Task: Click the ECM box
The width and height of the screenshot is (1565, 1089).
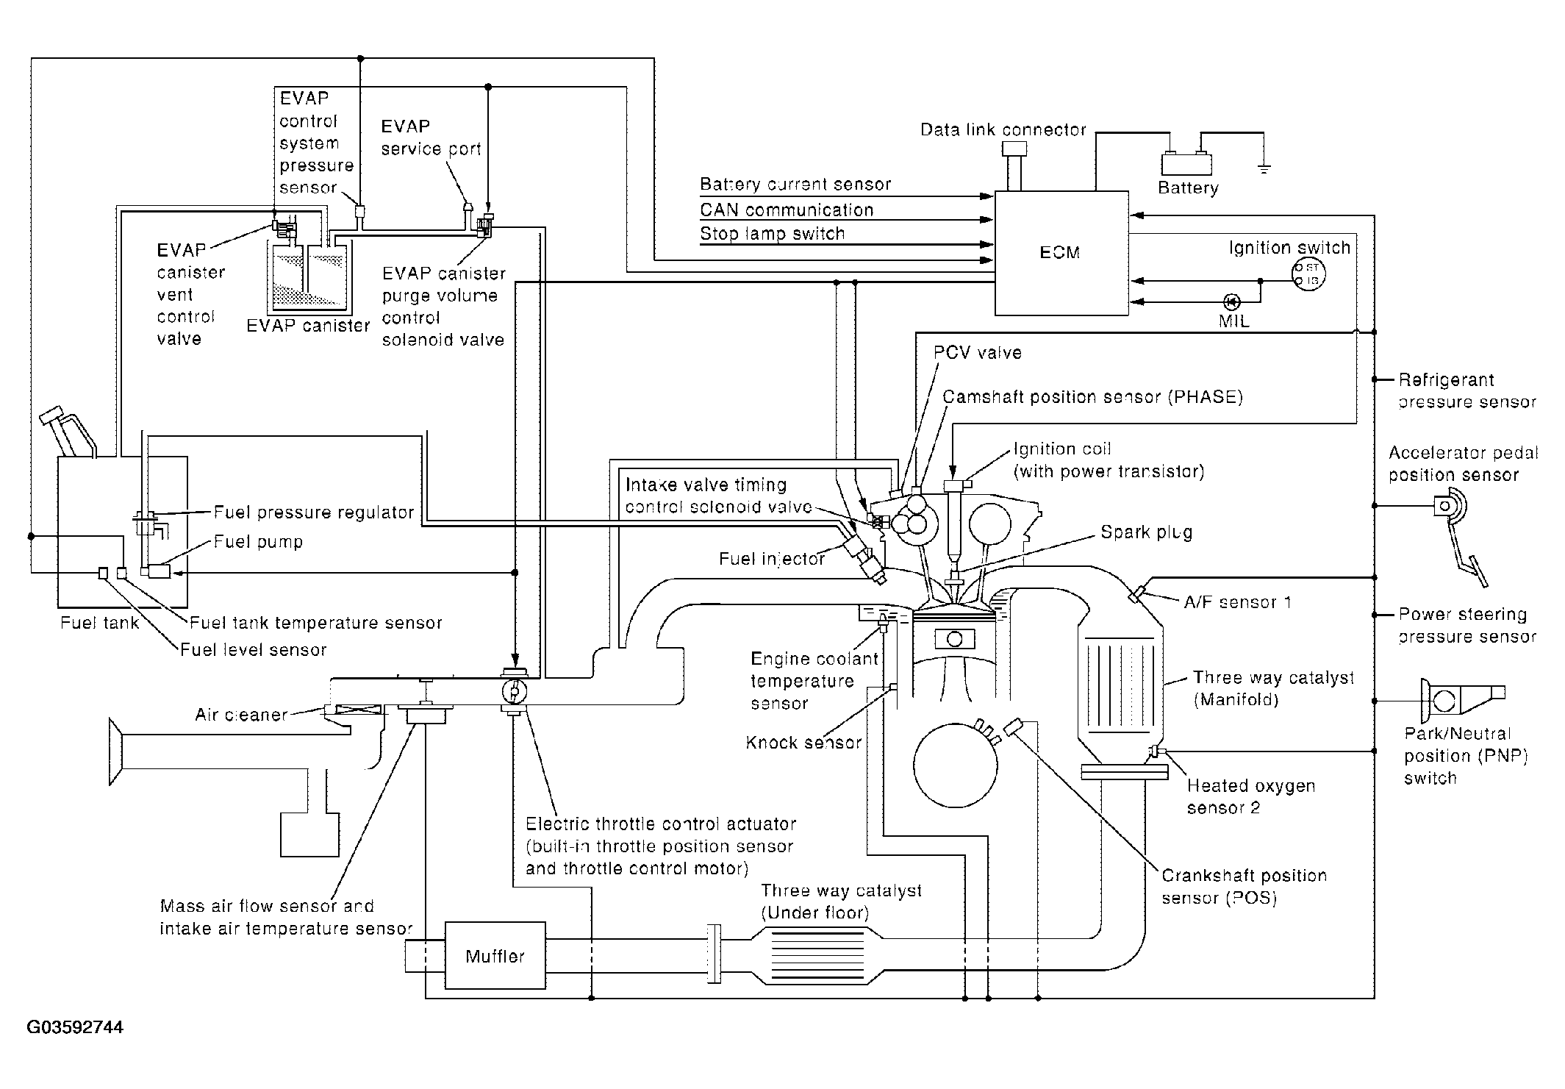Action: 1061,254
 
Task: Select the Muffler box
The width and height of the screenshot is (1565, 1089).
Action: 495,956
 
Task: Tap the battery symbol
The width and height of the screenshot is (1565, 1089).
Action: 1186,163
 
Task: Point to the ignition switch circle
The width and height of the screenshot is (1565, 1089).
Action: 1308,274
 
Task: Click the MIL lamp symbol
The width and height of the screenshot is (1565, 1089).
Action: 1231,301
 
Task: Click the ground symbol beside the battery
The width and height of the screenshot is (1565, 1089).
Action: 1264,169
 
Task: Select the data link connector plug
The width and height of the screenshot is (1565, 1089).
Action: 1014,166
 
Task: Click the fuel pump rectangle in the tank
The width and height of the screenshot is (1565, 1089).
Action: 160,571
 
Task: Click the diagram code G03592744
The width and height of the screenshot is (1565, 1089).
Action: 75,1026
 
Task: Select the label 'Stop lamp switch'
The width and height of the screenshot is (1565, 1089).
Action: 772,234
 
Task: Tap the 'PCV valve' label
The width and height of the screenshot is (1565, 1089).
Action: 978,352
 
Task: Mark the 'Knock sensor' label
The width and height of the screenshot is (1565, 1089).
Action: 803,742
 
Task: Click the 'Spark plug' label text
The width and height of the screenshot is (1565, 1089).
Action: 1146,532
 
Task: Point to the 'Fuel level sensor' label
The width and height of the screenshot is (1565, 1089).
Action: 254,649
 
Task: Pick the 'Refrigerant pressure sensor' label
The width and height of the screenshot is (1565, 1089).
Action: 1467,391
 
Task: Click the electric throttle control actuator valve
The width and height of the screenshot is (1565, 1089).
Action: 514,691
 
